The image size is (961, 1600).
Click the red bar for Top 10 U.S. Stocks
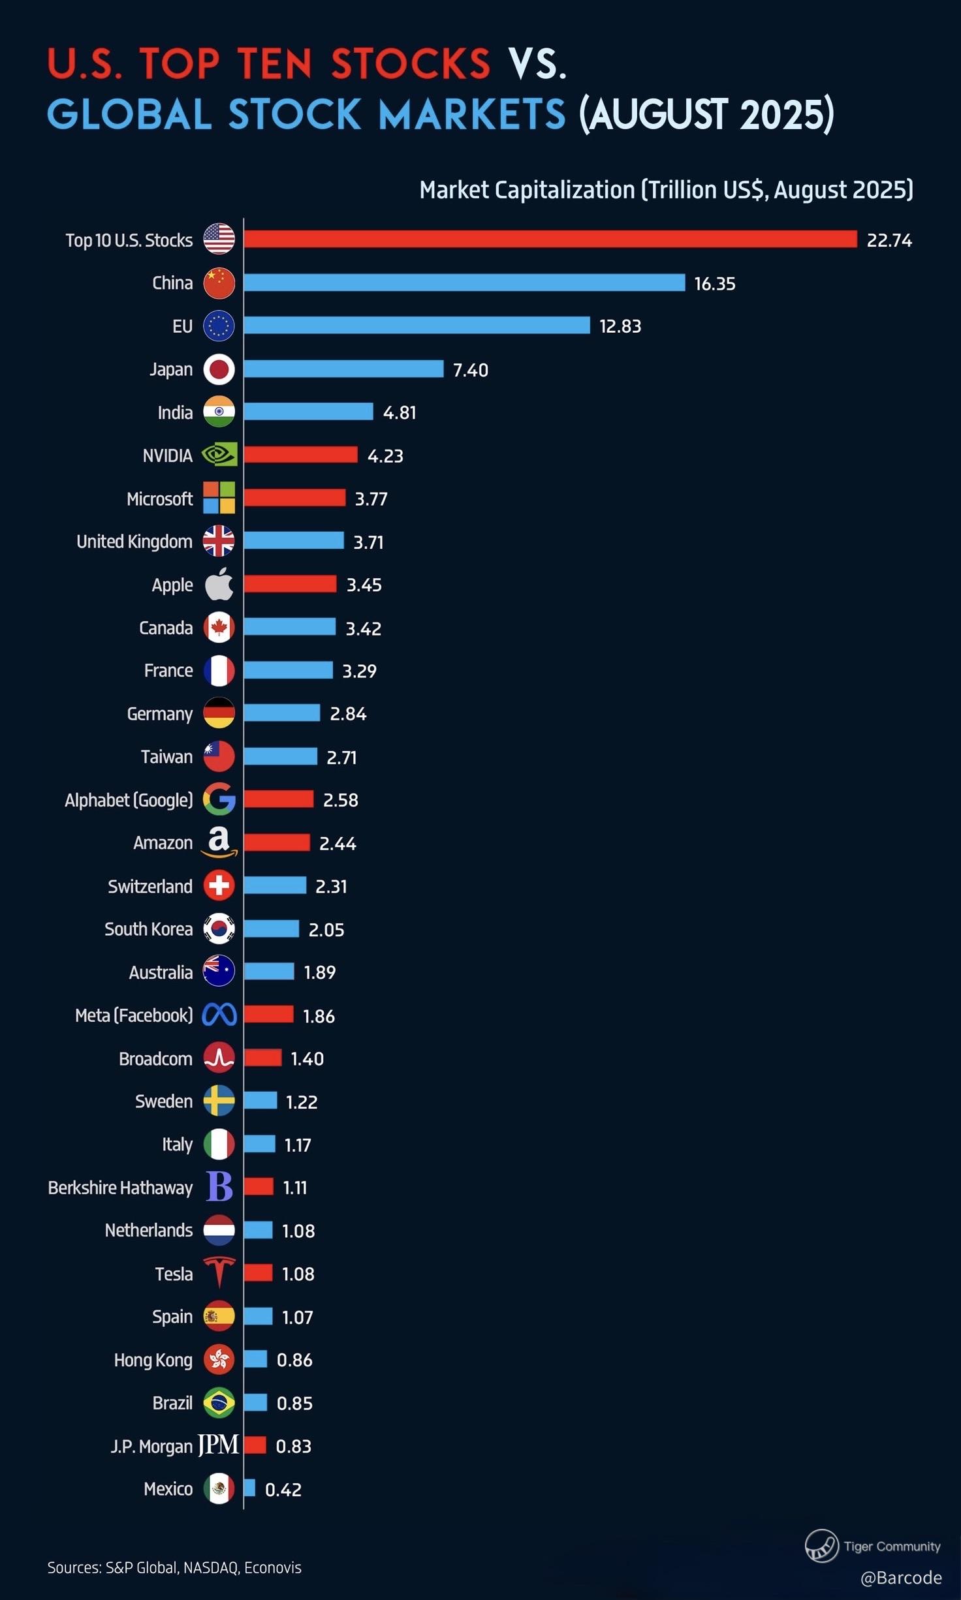550,239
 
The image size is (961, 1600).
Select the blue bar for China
464,283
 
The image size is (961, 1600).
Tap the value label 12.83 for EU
620,326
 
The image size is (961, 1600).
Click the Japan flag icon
219,369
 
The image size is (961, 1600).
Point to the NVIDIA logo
219,455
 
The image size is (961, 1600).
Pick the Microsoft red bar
294,498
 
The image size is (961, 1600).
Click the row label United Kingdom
134,542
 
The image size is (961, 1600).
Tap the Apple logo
219,584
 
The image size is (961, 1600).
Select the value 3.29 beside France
359,671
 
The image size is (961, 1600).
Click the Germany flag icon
219,713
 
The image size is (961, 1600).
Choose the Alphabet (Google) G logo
219,799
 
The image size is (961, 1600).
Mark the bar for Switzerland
275,885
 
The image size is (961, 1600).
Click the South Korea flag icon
219,929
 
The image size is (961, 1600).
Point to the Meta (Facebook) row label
134,1015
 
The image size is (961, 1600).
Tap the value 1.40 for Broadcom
307,1058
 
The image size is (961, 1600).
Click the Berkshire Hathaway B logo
219,1187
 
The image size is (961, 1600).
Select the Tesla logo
219,1272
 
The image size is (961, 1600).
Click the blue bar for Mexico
249,1488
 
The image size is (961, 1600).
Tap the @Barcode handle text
901,1578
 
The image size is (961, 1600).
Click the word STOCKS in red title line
410,64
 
